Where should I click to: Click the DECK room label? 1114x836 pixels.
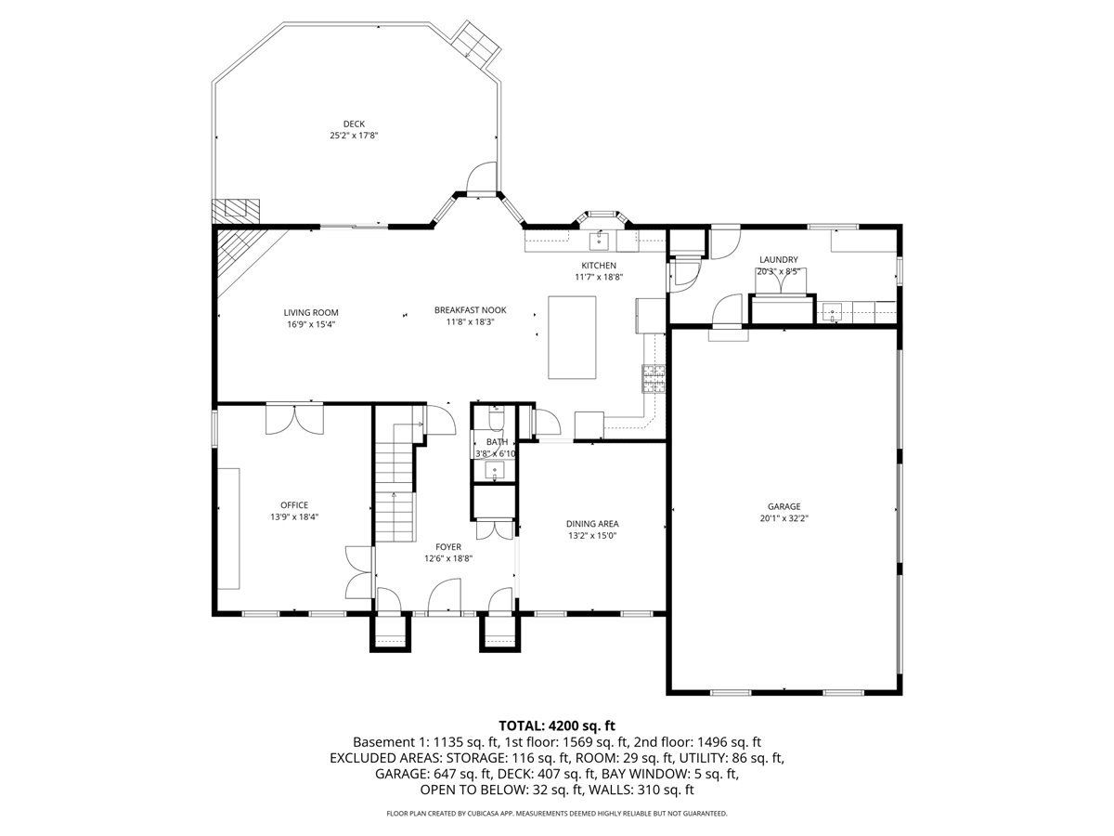(x=354, y=124)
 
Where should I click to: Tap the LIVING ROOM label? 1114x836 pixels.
(x=311, y=313)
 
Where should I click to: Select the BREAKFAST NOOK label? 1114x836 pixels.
(x=470, y=310)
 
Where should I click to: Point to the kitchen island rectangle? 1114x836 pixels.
(x=572, y=337)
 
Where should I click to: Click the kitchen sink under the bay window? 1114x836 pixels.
(x=600, y=242)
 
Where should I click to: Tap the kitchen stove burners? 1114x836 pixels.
(x=654, y=379)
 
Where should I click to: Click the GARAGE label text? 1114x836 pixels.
(x=784, y=506)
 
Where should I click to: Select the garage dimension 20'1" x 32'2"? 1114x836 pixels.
(x=784, y=518)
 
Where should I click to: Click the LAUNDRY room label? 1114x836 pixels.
(x=779, y=260)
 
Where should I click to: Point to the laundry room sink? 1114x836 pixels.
(x=832, y=312)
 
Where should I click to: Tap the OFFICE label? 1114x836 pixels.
(x=294, y=505)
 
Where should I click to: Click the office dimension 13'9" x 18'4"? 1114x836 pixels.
(x=294, y=517)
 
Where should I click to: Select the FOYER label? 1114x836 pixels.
(x=448, y=547)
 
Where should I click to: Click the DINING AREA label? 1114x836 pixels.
(x=592, y=524)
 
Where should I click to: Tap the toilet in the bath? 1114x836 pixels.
(x=496, y=418)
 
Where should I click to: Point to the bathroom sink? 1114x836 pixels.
(x=494, y=470)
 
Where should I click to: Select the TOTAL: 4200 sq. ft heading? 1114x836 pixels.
(x=557, y=725)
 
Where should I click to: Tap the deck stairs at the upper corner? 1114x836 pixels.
(x=477, y=43)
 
